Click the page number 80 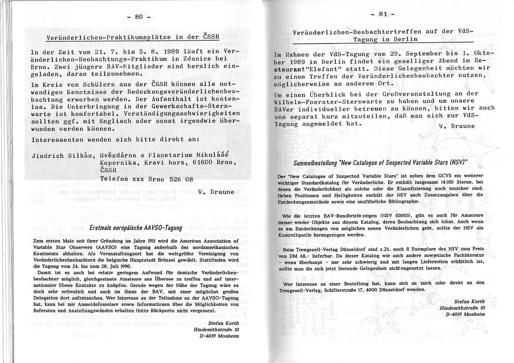click(x=139, y=17)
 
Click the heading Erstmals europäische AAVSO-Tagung click(x=136, y=228)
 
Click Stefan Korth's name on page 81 click(x=469, y=301)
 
